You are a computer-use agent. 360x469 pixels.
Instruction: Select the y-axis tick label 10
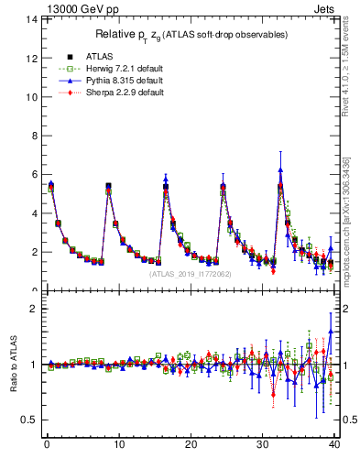31,97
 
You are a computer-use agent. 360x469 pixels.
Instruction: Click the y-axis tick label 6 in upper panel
34,174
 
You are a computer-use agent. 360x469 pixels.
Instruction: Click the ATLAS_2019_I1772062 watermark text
190,273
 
